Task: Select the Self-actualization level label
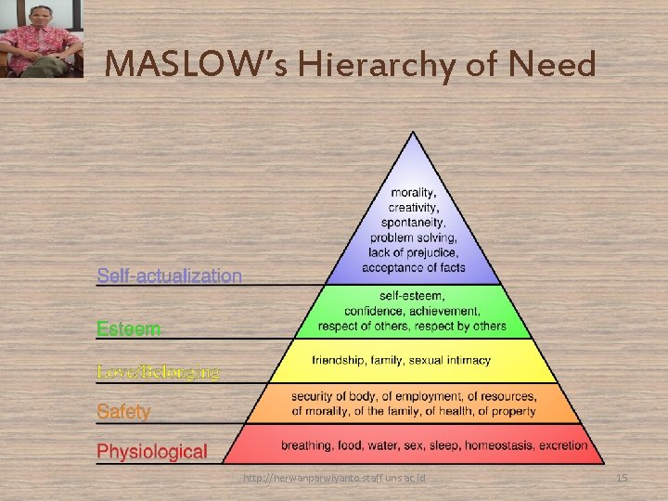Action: [170, 276]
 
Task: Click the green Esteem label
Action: [129, 328]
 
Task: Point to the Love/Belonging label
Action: [159, 372]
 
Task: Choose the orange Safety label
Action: [123, 410]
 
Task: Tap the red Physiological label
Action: [152, 452]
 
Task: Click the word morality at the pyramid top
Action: [413, 193]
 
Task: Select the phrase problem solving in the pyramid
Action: [413, 238]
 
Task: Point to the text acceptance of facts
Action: [413, 267]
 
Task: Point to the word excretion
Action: [559, 445]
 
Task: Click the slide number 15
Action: [622, 478]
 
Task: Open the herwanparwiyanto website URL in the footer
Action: [334, 478]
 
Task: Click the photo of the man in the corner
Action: [40, 39]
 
